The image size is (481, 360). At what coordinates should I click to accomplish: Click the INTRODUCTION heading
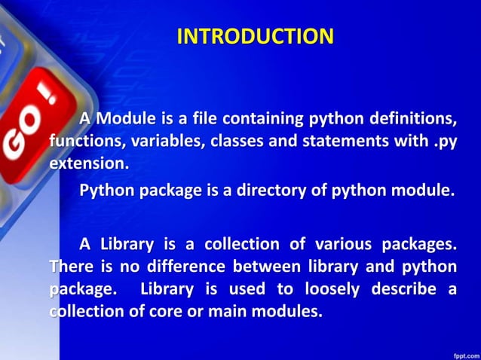255,36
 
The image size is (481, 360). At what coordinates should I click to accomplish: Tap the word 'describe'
403,289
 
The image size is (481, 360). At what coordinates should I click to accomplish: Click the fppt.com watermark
461,351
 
